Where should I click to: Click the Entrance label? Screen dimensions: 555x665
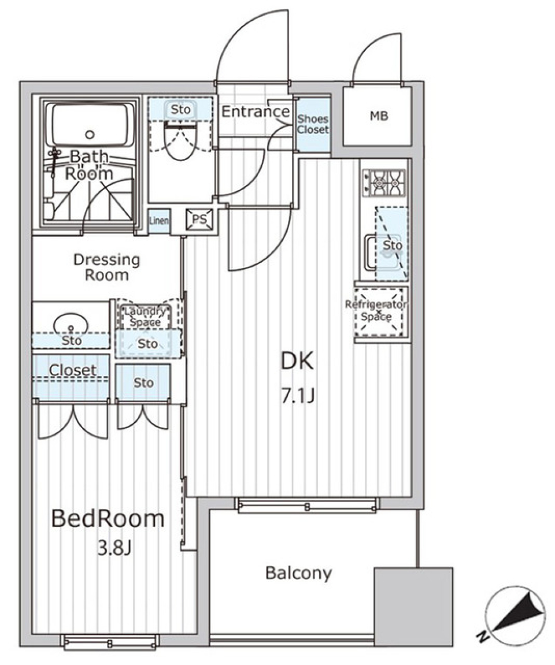256,112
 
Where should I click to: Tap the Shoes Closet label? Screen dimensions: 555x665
313,124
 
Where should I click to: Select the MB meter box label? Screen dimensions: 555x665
379,116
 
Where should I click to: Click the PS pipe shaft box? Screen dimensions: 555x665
199,220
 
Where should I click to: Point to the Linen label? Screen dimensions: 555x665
159,221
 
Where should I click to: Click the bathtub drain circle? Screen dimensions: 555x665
90,135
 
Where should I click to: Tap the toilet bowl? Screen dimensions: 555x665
180,141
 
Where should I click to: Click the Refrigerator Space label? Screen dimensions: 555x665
376,310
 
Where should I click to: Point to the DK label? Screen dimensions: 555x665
297,362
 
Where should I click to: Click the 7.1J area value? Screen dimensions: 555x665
297,397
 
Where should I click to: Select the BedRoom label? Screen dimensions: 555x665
108,519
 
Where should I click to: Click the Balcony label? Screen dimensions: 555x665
299,573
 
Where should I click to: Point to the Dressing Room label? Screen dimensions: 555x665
106,267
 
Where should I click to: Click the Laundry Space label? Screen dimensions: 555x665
145,317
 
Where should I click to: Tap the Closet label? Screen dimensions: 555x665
73,370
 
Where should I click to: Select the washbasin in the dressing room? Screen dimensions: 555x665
71,325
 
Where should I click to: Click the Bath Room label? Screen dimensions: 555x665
89,165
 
